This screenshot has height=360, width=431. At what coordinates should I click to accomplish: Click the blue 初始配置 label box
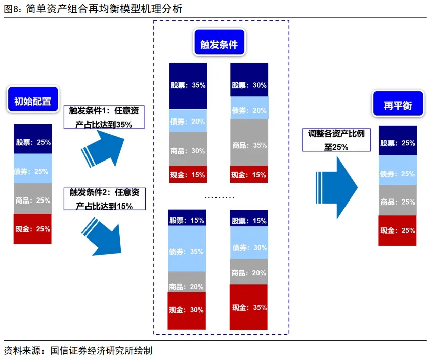click(x=32, y=100)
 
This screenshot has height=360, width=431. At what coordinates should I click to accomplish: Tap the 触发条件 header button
click(x=219, y=44)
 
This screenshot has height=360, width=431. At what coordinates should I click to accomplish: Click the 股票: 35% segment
click(x=188, y=86)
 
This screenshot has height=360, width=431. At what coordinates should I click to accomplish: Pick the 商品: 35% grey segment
click(x=249, y=145)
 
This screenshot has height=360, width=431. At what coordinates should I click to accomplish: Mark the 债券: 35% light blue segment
click(x=187, y=251)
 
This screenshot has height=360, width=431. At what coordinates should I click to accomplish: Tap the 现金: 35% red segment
click(x=249, y=307)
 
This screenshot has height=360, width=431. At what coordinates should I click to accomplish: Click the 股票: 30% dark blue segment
click(x=249, y=85)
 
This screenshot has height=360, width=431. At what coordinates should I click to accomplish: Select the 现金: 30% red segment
click(x=187, y=310)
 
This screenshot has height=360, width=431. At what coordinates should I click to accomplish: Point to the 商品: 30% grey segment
click(x=188, y=150)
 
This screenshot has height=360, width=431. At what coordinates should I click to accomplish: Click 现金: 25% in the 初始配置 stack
click(x=33, y=229)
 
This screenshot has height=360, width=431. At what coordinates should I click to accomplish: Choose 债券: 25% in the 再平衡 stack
click(x=398, y=174)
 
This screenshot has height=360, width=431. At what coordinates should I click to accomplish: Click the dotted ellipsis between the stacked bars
click(x=219, y=197)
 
